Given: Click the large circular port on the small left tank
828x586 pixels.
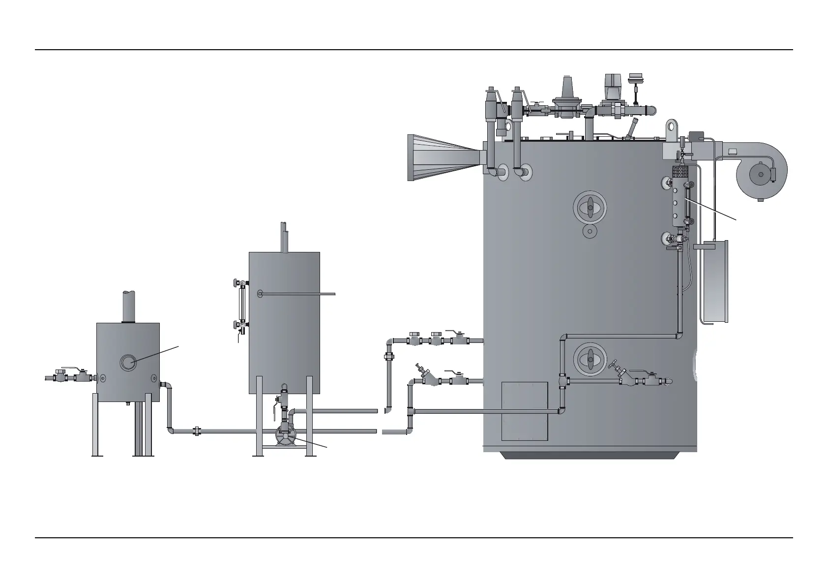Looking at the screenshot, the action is (x=128, y=363).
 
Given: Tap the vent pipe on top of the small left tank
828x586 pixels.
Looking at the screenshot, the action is (x=128, y=306).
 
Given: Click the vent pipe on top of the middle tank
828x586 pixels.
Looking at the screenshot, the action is (x=284, y=237).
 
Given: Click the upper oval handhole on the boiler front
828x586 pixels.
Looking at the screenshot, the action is (x=590, y=207).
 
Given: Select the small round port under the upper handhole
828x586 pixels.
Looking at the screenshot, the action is (x=589, y=231).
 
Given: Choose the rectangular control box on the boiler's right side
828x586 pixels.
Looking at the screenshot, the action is (x=712, y=280).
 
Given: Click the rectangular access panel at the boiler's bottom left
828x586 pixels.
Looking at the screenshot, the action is (x=524, y=411).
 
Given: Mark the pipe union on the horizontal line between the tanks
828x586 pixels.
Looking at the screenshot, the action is (x=196, y=431).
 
